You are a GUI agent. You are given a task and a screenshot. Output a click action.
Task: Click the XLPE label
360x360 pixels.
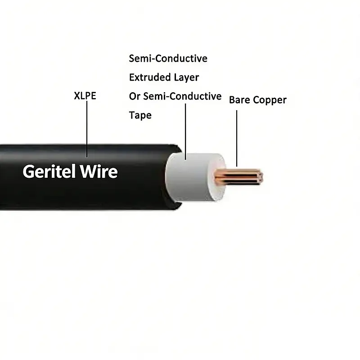coord(85,96)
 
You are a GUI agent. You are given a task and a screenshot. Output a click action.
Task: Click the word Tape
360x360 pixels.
coord(140,116)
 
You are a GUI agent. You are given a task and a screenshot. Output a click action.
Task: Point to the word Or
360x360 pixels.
coord(135,96)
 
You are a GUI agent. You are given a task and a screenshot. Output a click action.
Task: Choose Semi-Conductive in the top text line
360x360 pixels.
coord(168,58)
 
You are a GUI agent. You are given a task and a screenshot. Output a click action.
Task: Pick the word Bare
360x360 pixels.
coord(239,100)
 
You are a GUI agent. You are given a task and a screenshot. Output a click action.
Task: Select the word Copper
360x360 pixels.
coord(270,100)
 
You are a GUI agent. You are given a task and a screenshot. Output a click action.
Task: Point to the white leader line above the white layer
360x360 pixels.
coord(185,130)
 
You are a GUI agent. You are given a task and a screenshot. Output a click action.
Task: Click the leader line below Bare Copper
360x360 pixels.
coord(236,139)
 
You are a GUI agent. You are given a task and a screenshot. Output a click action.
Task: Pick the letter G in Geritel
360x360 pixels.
coord(30,171)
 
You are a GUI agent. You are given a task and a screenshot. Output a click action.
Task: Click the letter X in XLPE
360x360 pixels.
coord(76,96)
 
